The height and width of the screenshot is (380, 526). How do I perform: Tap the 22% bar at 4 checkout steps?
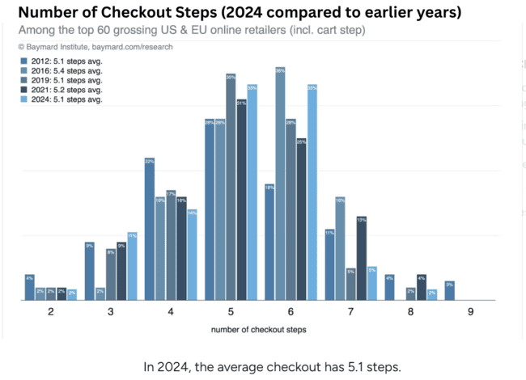click(150, 230)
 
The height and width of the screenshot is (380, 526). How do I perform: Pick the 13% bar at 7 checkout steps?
click(361, 259)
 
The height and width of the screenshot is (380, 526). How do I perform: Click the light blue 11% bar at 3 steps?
click(132, 267)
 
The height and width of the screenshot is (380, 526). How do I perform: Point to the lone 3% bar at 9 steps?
click(449, 291)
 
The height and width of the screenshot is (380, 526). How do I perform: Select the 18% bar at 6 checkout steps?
click(269, 243)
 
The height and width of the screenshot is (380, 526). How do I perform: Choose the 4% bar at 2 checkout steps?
click(30, 288)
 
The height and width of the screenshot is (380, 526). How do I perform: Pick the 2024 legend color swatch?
click(24, 99)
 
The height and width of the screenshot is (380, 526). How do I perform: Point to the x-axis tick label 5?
click(231, 312)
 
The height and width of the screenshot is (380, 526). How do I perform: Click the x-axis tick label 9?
click(470, 312)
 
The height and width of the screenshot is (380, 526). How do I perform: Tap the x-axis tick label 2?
click(51, 312)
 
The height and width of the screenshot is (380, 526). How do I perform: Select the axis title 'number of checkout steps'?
click(258, 330)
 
